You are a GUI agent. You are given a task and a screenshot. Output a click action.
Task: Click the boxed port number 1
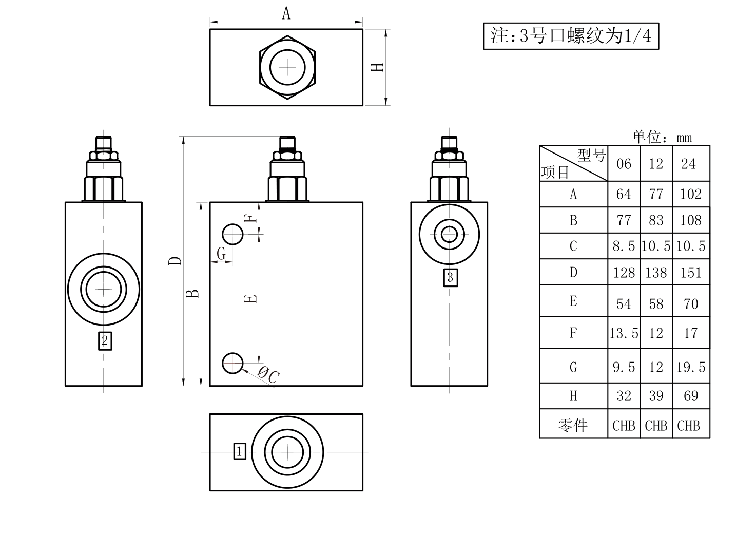[240, 451]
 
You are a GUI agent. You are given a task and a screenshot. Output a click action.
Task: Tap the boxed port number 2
[105, 341]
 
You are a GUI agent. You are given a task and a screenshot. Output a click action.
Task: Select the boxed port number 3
[451, 278]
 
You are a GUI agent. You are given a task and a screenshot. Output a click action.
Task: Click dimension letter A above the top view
[286, 13]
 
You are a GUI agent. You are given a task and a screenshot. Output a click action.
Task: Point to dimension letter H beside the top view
[377, 67]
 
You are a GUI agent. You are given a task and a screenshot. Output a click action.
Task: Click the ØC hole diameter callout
[268, 375]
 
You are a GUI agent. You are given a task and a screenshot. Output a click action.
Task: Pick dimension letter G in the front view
[221, 253]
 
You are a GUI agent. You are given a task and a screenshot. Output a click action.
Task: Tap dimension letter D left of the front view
[175, 261]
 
